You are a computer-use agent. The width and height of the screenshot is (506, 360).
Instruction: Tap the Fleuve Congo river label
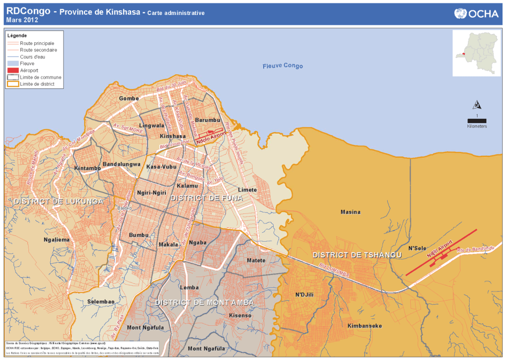pos(282,66)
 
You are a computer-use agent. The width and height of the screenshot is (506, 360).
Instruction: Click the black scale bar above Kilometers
pos(477,120)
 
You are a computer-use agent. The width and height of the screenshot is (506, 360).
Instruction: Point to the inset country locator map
pos(476,53)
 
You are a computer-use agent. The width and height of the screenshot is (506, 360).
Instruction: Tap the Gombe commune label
pos(129,99)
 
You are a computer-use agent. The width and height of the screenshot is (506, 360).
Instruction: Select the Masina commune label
pos(350,212)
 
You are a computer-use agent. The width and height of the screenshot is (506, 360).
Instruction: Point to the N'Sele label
pos(417,248)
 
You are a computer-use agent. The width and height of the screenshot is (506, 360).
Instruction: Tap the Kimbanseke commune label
pos(364,325)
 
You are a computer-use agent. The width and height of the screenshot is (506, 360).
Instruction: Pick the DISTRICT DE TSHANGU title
pos(357,255)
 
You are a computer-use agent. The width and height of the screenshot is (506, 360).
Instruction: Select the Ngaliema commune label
pos(56,240)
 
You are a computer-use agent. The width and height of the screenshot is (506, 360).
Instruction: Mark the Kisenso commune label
pos(240,316)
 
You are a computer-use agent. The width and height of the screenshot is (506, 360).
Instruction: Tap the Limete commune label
pos(248,190)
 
